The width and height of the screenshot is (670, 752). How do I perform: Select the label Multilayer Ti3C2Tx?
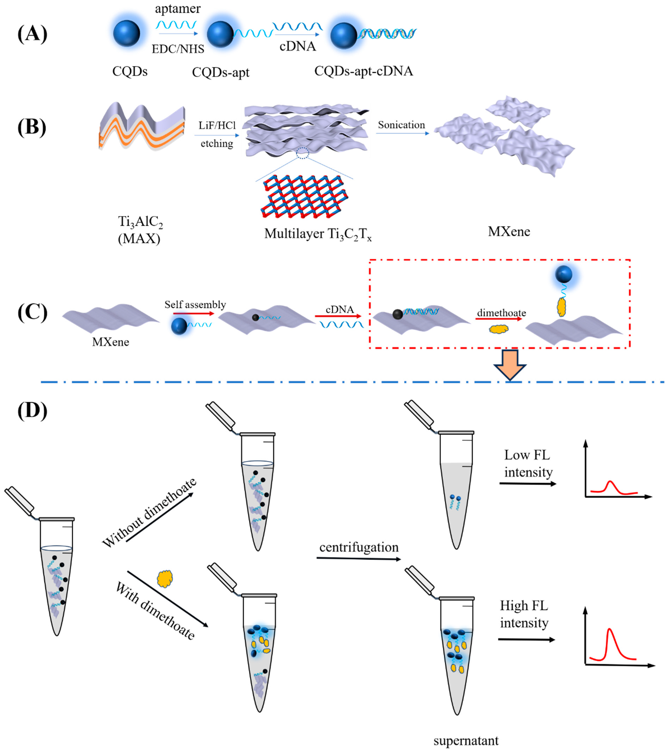point(318,234)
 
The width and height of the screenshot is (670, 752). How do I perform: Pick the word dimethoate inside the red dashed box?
point(501,313)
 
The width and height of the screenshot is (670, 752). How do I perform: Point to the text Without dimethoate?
point(149,513)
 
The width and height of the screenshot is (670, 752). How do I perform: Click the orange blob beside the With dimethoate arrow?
point(165,579)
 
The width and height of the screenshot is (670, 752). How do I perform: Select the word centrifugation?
point(359,547)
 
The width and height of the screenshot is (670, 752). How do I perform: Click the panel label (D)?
point(32,410)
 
